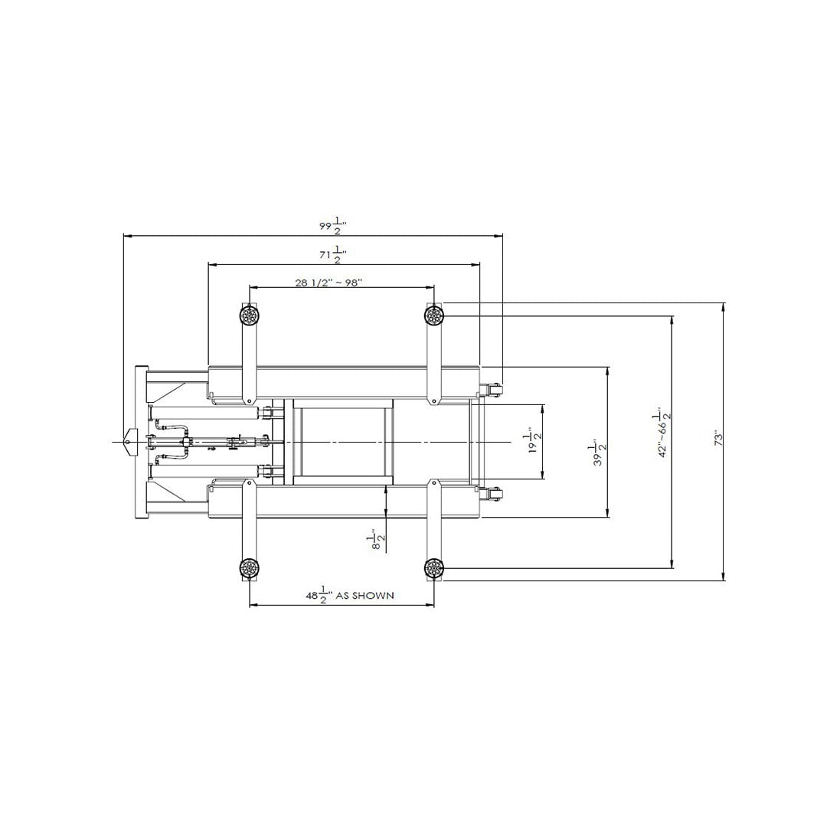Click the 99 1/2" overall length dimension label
[x=333, y=226]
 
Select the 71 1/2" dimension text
[x=333, y=255]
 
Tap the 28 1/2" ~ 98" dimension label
[x=328, y=283]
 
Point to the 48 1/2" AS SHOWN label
[x=350, y=596]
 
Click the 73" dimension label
[x=717, y=440]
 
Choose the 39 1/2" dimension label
[x=600, y=453]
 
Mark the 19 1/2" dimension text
[x=534, y=440]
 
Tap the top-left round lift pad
[x=248, y=316]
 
